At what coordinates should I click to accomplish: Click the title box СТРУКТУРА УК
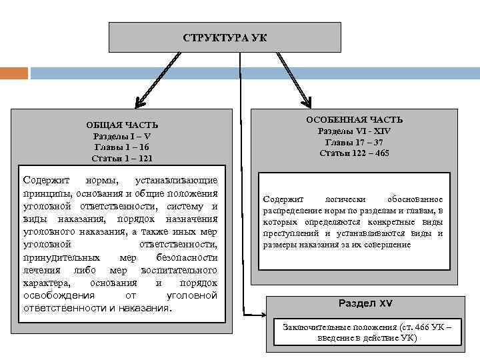[x=225, y=37]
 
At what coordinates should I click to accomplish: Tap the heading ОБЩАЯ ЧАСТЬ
[x=122, y=125]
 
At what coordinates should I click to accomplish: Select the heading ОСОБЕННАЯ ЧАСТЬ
[x=354, y=119]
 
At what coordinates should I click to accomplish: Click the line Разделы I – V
[x=122, y=136]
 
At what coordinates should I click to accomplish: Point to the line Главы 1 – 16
[x=122, y=147]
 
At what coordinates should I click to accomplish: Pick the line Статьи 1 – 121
[x=122, y=159]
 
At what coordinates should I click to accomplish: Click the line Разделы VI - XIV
[x=354, y=131]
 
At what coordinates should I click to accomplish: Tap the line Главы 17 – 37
[x=354, y=142]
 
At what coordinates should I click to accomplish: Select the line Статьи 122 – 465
[x=354, y=153]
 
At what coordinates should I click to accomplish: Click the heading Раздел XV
[x=365, y=303]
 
